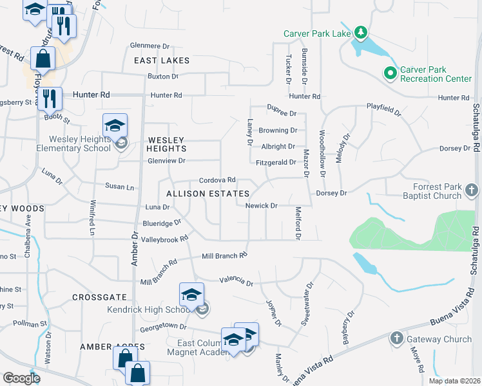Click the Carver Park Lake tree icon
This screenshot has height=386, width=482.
click(x=361, y=33)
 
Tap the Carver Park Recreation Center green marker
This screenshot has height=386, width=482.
click(x=390, y=74)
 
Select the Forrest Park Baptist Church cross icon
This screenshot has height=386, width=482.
click(x=472, y=190)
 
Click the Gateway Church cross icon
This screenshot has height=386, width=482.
click(x=396, y=338)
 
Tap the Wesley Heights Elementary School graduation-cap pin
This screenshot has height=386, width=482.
click(x=115, y=125)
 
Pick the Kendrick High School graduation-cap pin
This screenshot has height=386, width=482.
click(x=191, y=295)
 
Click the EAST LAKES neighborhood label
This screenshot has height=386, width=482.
click(x=162, y=60)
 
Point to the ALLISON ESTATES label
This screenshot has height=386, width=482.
click(x=207, y=194)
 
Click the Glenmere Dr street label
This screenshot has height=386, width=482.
click(x=149, y=46)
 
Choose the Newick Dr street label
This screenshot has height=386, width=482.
click(x=261, y=206)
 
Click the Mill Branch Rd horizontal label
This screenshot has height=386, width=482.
click(x=224, y=255)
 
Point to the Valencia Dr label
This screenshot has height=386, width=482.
click(x=236, y=281)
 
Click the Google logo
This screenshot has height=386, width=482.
click(x=21, y=379)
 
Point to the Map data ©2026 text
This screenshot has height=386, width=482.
click(x=454, y=381)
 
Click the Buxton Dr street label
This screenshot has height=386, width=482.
click(x=163, y=77)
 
